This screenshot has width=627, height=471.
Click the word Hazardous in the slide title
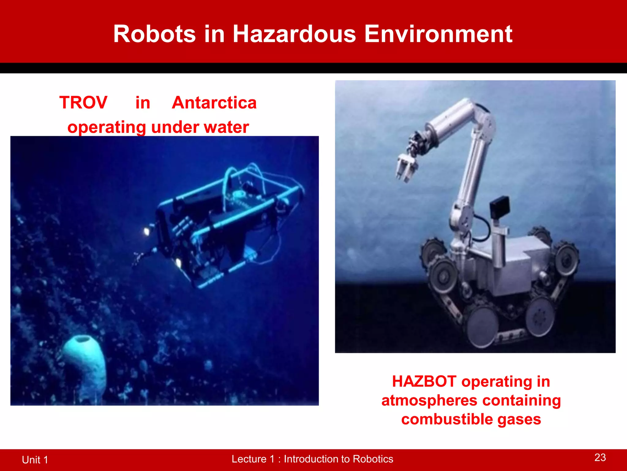294,34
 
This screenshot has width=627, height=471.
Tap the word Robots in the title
154,34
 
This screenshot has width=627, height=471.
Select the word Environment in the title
438,34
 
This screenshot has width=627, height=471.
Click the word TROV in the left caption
83,102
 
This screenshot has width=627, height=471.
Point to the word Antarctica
214,102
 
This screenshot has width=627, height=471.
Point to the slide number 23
600,458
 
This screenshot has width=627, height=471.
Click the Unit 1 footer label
35,460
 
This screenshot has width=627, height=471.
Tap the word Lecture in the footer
249,459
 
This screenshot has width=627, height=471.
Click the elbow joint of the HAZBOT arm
484,118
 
